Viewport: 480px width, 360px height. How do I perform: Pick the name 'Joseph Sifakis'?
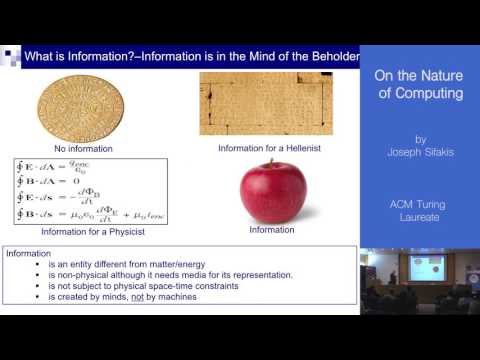(419, 155)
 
